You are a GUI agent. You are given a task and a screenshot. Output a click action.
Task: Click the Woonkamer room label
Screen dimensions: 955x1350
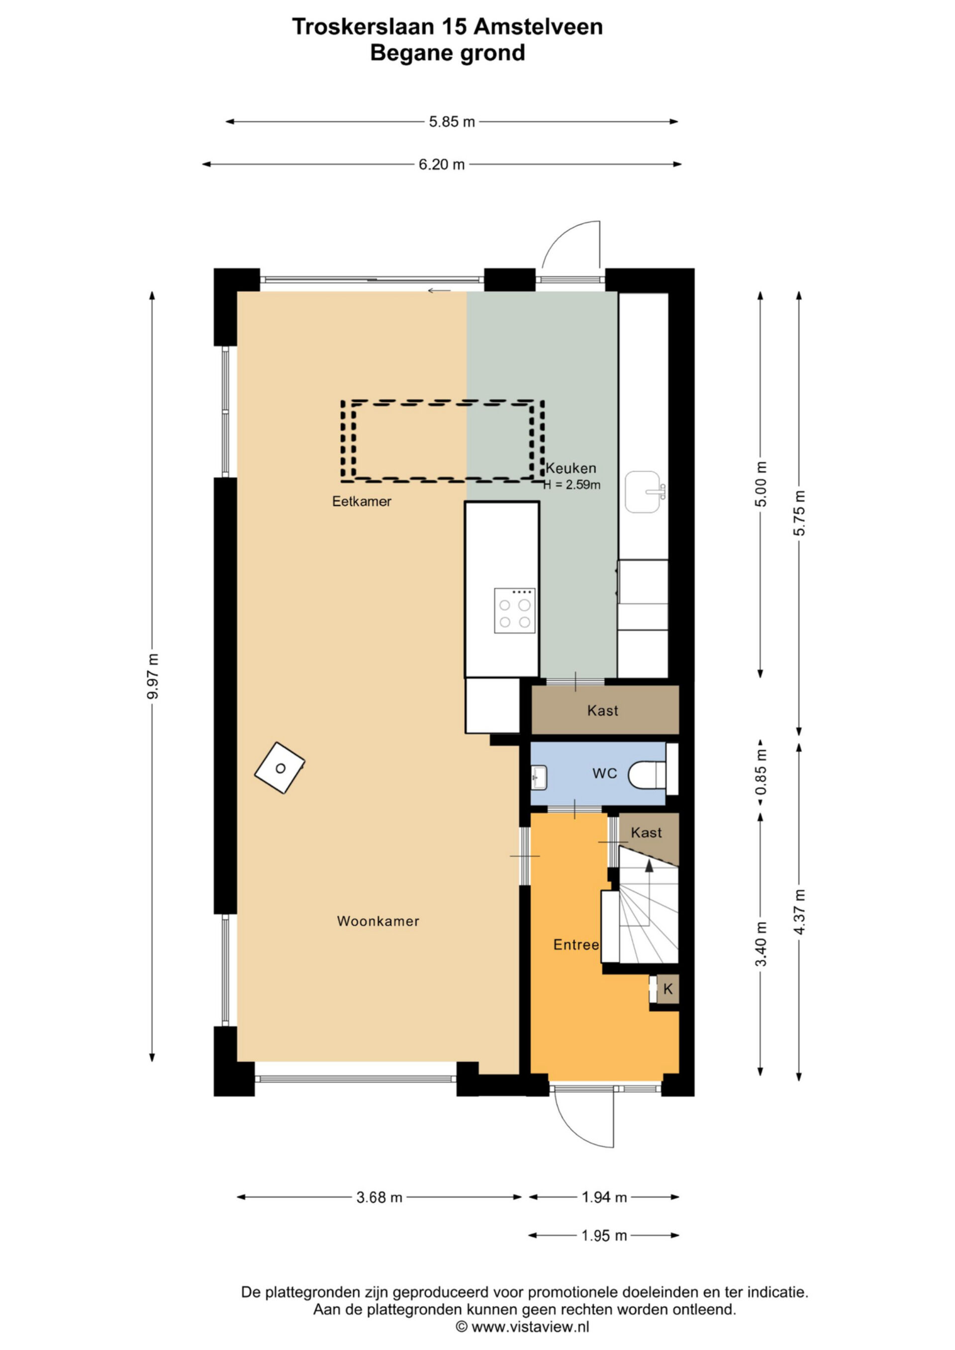click(x=378, y=921)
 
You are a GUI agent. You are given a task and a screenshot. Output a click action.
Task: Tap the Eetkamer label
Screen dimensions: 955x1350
click(x=362, y=502)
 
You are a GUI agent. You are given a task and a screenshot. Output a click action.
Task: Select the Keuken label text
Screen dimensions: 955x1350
click(x=571, y=468)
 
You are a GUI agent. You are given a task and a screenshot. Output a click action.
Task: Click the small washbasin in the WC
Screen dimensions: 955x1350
click(x=539, y=777)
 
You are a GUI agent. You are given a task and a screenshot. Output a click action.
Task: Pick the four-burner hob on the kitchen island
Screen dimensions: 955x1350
click(x=514, y=610)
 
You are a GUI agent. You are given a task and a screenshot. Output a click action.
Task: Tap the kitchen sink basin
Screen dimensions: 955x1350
click(x=644, y=492)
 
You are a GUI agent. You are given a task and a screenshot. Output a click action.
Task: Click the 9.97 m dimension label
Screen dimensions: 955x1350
click(x=153, y=676)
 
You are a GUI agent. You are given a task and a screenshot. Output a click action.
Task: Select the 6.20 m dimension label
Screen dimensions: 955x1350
click(x=442, y=165)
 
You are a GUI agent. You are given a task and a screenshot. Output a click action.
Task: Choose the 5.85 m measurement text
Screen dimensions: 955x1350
click(x=452, y=122)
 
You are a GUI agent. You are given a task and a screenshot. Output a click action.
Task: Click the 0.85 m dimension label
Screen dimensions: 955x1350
click(x=761, y=770)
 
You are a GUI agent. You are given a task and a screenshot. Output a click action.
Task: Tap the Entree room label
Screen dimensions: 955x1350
click(x=575, y=945)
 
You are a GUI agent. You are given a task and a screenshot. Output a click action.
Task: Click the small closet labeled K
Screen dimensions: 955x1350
click(x=668, y=989)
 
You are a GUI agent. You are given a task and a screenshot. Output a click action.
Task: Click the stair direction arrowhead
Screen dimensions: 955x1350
click(x=649, y=866)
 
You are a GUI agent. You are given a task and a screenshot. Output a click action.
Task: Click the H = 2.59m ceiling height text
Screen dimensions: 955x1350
click(x=572, y=485)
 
